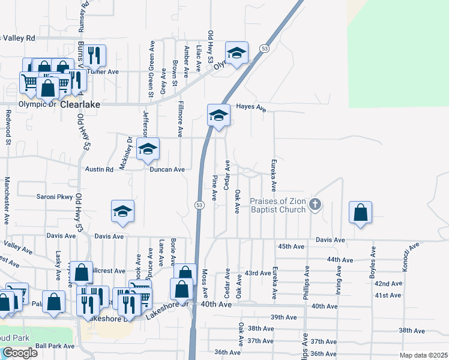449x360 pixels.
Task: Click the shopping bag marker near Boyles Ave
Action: pos(360,213)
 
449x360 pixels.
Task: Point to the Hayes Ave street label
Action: pos(251,107)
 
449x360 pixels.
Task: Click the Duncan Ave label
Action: pos(167,170)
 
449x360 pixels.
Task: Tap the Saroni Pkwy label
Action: pos(55,197)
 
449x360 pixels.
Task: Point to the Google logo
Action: pos(19,353)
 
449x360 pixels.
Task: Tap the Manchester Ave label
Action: pos(7,197)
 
